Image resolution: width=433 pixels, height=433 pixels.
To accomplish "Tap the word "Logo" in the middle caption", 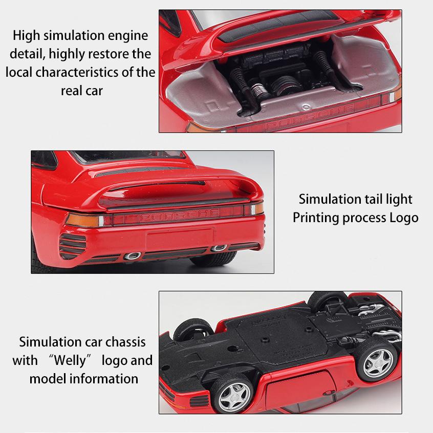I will point(403,218).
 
